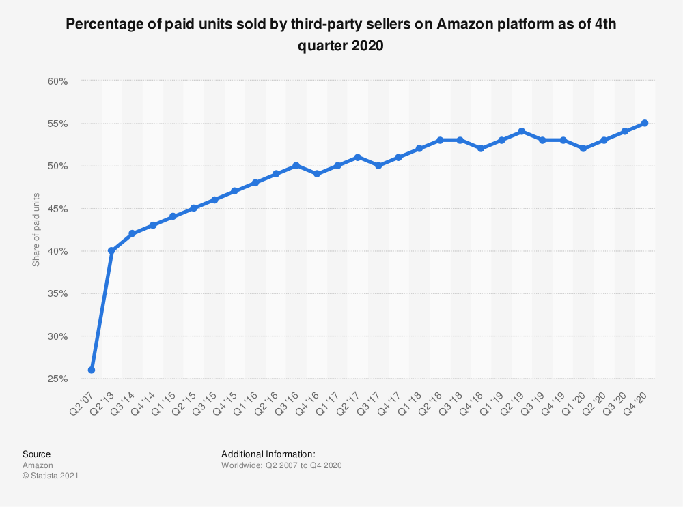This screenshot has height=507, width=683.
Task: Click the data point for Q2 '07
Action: tap(91, 370)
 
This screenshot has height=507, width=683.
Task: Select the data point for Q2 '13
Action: tap(111, 251)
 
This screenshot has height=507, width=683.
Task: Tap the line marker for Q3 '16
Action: tap(296, 166)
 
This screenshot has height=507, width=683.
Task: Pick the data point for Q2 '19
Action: tap(522, 131)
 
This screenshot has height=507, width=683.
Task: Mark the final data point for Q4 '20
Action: tap(645, 123)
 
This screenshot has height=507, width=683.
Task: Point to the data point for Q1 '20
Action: tap(583, 148)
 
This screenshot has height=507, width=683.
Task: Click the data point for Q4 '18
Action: tap(481, 148)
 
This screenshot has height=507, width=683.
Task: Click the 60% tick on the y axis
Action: tap(57, 81)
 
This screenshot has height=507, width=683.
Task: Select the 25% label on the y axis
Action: tap(57, 379)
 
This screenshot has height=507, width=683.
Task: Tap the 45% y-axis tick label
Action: tap(57, 209)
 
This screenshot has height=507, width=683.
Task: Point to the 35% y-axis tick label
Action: tap(57, 294)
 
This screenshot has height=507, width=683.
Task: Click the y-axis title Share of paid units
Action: tap(36, 230)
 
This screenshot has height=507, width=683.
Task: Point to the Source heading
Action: tap(36, 454)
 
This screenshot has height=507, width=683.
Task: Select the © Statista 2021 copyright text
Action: tap(51, 476)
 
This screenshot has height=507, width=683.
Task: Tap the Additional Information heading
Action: tap(268, 454)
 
